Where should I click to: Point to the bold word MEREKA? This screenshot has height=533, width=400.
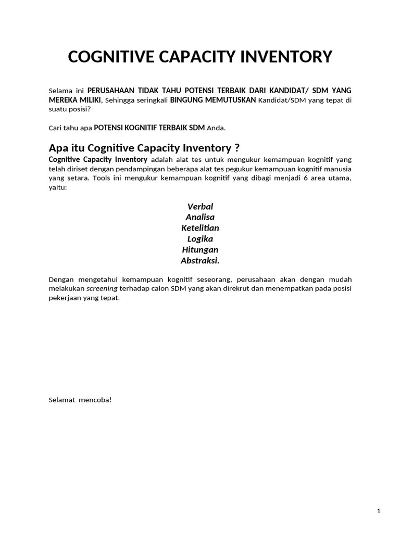tap(63, 100)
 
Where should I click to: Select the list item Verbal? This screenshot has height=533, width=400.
tap(200, 207)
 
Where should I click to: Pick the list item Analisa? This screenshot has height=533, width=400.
tap(200, 217)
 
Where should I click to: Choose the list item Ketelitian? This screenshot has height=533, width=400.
tap(200, 228)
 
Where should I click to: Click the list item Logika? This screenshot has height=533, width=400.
tap(200, 239)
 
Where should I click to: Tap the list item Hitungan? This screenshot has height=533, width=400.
tap(200, 250)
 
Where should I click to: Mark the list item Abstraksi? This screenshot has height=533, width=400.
tap(200, 260)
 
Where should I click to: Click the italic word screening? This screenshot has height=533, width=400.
tap(102, 288)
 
